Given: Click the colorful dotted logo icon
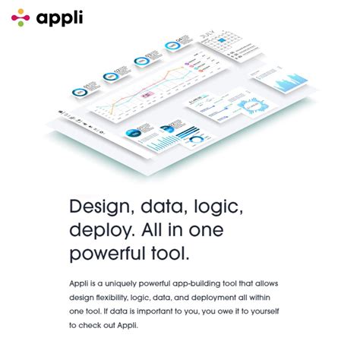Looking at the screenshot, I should click(21, 17).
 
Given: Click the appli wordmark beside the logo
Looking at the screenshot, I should click(62, 17).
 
